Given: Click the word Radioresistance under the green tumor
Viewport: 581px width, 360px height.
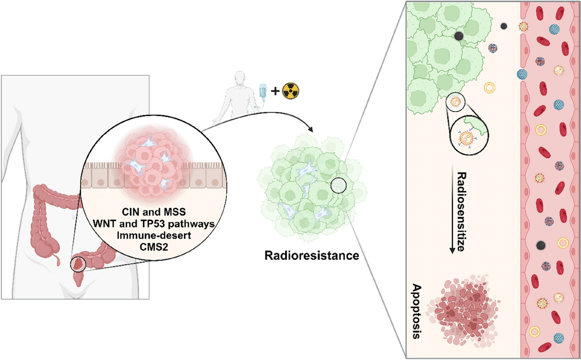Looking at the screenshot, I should coord(311,255).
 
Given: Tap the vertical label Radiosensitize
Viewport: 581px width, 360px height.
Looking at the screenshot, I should coord(461,212).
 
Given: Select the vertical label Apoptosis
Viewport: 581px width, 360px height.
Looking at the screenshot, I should coord(416,311).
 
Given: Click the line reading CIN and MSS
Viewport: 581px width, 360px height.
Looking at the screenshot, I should coord(153,212).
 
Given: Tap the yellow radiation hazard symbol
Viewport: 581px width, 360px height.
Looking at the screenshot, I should coord(290,91).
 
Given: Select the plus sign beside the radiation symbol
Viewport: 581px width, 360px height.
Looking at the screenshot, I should coord(275,91).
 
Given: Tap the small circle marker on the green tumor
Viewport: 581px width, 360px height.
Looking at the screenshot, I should coord(339,186).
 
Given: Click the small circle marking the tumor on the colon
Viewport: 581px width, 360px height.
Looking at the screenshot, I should coord(78,264).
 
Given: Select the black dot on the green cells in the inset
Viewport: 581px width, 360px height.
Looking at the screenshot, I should coord(459,36).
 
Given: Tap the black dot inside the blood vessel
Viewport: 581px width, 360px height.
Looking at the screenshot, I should coord(541,246).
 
